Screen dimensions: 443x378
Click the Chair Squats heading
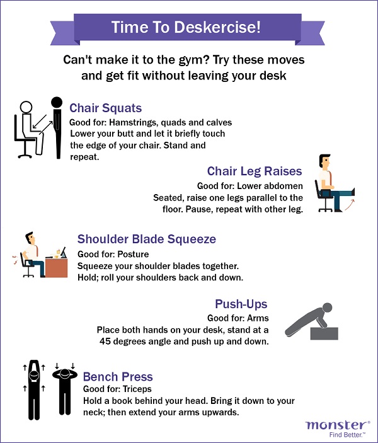coord(105,108)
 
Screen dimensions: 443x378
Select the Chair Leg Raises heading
coord(255,171)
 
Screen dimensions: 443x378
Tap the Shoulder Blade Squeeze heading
coord(146,239)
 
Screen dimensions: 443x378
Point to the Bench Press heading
coord(118,377)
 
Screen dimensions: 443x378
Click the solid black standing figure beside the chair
coord(57,126)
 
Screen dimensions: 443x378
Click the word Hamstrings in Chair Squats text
coord(139,122)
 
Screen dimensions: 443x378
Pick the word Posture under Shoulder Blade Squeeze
coord(134,254)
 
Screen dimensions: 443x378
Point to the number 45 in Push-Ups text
coord(106,341)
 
